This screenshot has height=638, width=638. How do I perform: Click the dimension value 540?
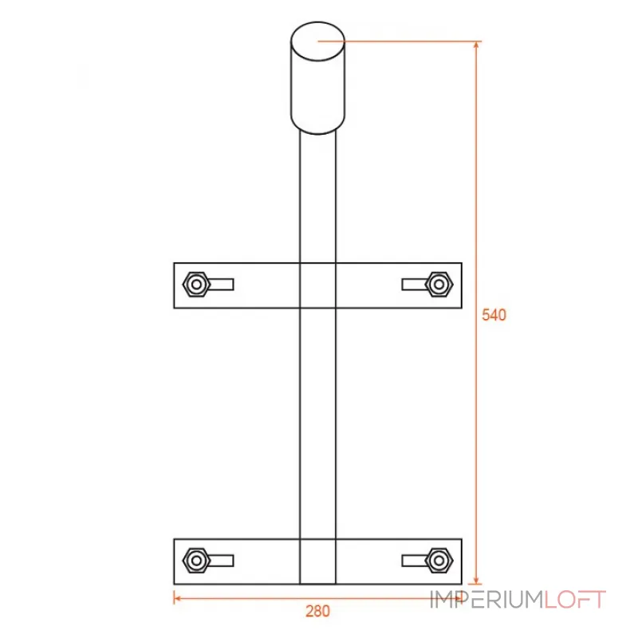[494, 315]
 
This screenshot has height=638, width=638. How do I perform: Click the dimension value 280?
[317, 611]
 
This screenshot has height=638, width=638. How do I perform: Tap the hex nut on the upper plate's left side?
[196, 285]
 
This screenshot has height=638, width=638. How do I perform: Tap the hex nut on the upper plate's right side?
[439, 285]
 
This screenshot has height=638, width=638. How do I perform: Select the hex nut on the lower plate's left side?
[196, 561]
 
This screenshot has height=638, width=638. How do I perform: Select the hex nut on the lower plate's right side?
[439, 561]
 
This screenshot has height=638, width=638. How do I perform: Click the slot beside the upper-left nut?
[222, 285]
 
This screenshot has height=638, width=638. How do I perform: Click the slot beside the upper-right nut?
[414, 285]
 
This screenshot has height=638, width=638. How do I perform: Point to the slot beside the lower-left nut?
[222, 561]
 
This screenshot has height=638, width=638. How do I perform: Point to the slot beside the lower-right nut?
[414, 561]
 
